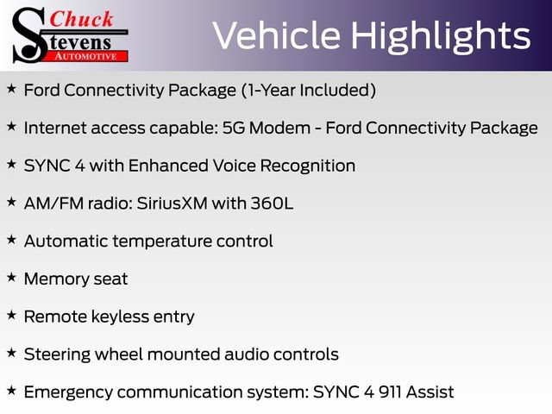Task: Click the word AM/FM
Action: (53, 204)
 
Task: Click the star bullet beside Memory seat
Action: (11, 278)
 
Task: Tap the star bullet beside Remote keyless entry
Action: (11, 316)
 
